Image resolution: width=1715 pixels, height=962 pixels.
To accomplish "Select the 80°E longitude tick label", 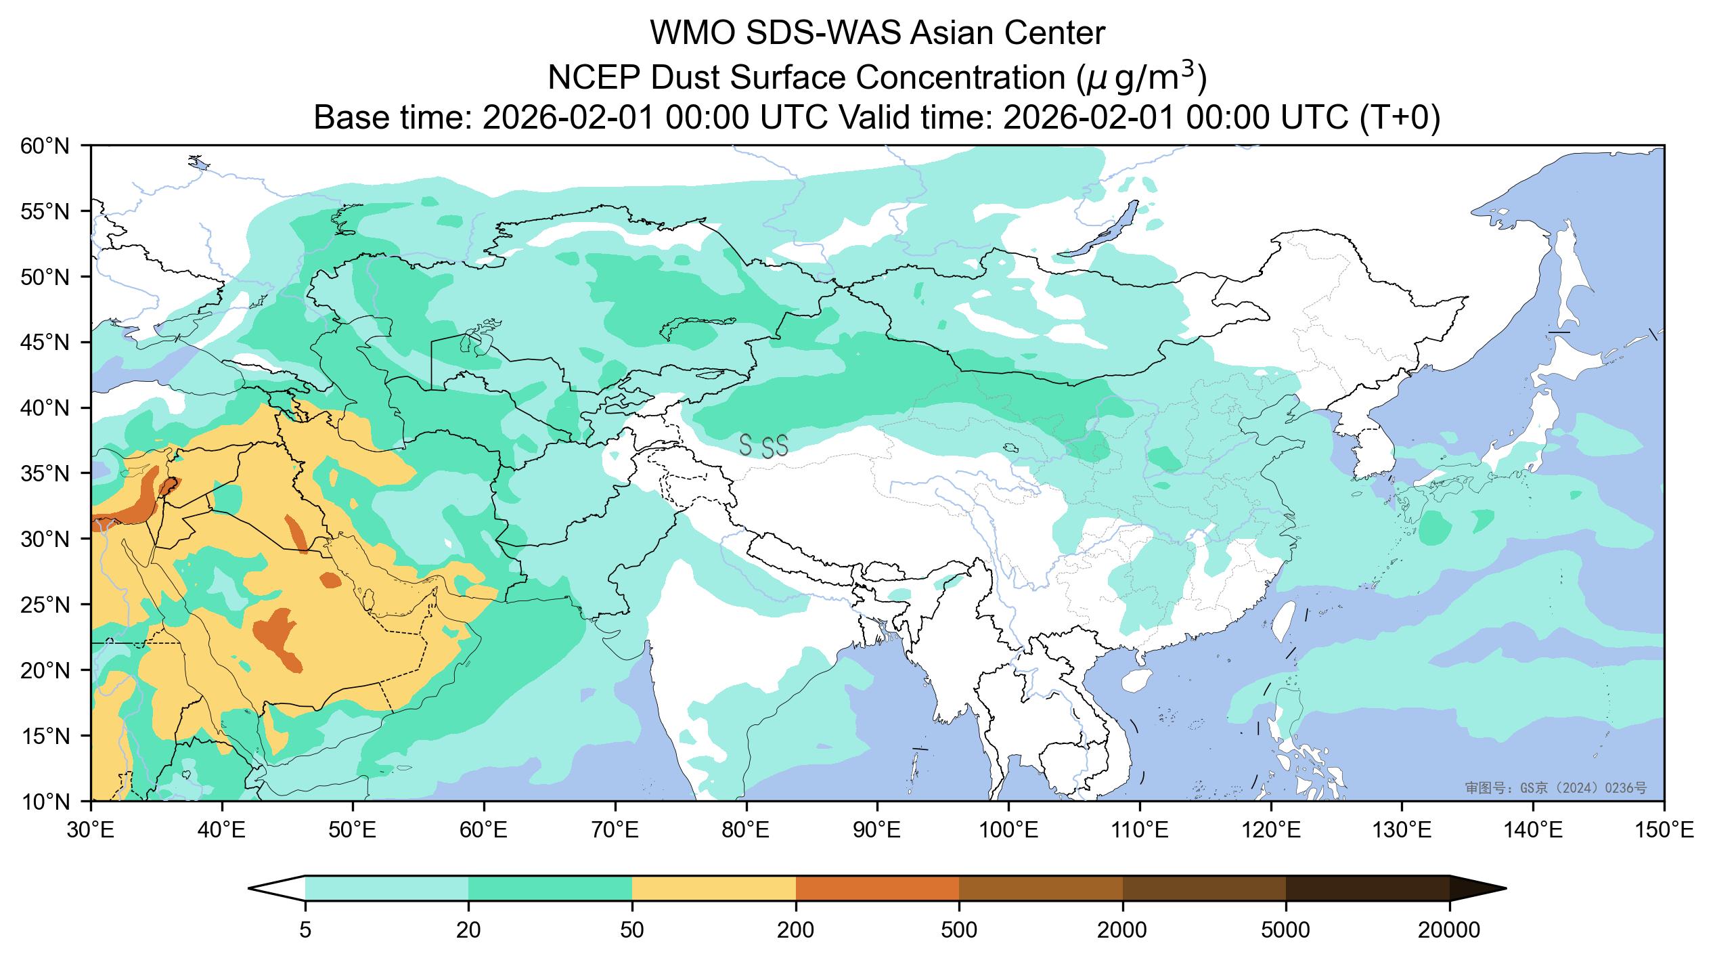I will pyautogui.click(x=746, y=830).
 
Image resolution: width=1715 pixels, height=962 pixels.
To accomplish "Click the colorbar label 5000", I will pyautogui.click(x=1285, y=931).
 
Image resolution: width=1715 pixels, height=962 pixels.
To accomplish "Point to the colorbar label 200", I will pyautogui.click(x=795, y=931).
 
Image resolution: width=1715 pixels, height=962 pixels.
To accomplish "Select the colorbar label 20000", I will pyautogui.click(x=1449, y=931).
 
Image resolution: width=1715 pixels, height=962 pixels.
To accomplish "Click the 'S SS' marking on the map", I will pyautogui.click(x=763, y=446).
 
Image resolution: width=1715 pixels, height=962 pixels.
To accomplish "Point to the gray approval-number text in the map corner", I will pyautogui.click(x=1555, y=788).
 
